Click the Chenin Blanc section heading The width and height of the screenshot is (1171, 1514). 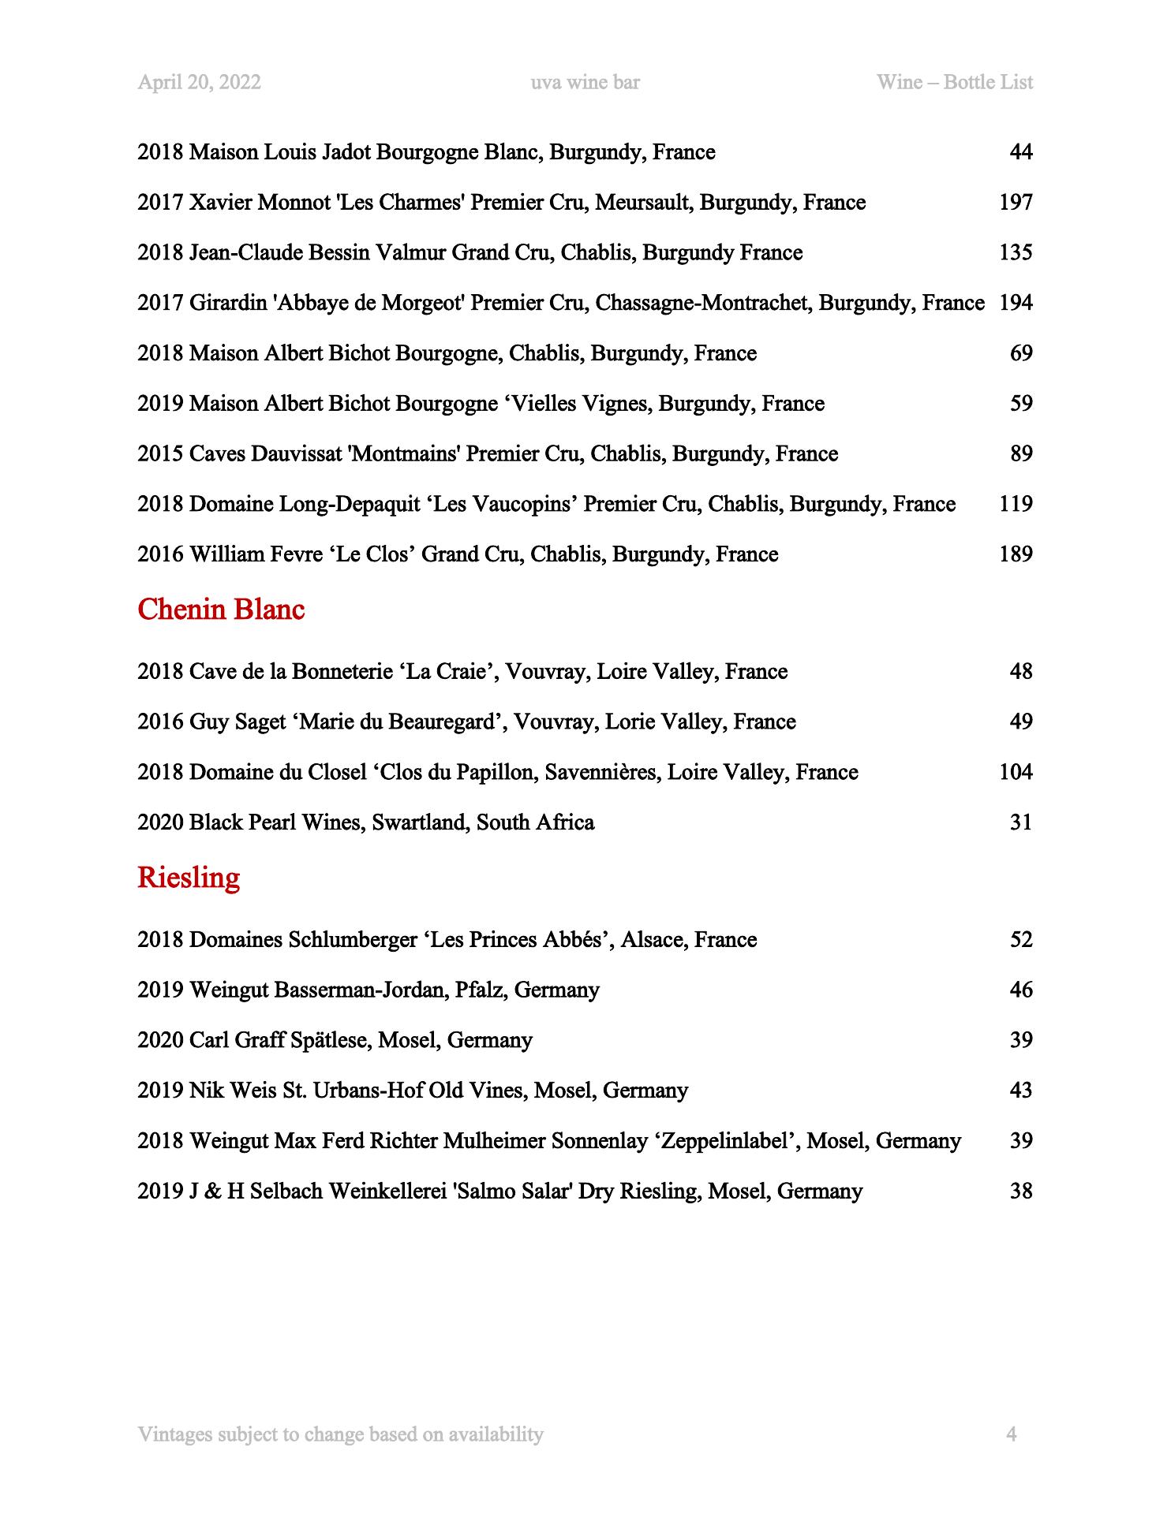tap(220, 610)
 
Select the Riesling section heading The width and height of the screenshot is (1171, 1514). tap(188, 878)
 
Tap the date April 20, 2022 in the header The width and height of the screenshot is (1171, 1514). tap(199, 83)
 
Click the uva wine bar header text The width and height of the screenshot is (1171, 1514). tap(585, 83)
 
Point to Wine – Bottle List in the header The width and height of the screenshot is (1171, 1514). tap(954, 83)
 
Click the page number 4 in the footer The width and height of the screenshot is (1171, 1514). tap(1011, 1434)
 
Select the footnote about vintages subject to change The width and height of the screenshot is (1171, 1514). tap(340, 1434)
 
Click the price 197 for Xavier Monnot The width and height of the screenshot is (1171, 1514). tap(1016, 203)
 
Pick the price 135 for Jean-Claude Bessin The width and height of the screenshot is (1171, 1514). tap(1016, 253)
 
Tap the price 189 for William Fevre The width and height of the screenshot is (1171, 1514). tap(1016, 554)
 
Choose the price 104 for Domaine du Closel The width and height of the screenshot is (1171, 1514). tap(1016, 772)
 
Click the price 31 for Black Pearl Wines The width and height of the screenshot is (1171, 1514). tap(1021, 822)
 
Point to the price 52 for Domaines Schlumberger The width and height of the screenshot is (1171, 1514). tap(1021, 940)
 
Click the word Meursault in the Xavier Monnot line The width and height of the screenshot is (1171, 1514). tap(642, 203)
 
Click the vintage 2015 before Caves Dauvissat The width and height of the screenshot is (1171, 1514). tap(160, 454)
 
